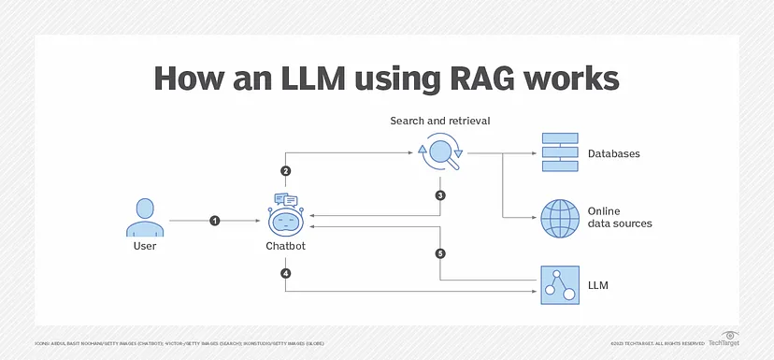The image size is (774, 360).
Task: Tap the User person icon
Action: (x=144, y=218)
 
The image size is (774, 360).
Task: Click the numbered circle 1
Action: (x=215, y=221)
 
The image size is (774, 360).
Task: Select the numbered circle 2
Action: (x=285, y=171)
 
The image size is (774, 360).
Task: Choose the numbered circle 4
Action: (x=285, y=273)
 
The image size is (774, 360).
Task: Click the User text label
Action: (x=144, y=247)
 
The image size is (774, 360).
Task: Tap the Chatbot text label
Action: (x=285, y=247)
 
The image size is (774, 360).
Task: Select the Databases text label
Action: (x=613, y=153)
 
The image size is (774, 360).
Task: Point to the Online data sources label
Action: (x=619, y=217)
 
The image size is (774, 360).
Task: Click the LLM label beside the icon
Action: (x=599, y=282)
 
